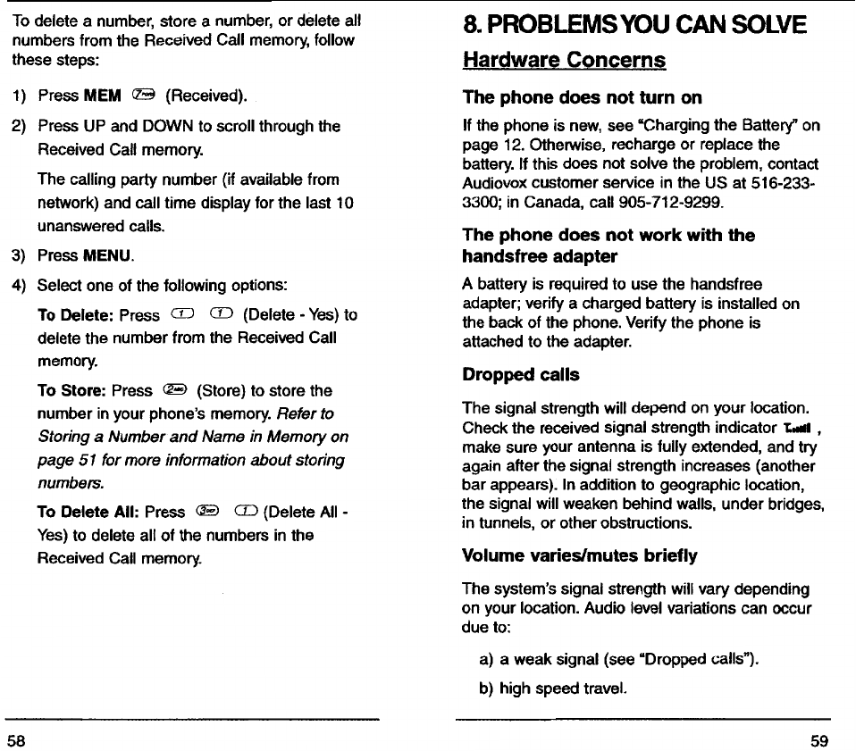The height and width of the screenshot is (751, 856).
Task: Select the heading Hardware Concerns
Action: tap(564, 60)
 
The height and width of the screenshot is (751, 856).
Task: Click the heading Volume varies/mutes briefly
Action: tap(580, 555)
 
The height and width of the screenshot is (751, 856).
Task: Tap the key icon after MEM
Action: tap(143, 96)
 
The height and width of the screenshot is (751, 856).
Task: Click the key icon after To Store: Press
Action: tap(174, 390)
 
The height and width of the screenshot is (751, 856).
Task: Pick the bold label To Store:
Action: tap(72, 391)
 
